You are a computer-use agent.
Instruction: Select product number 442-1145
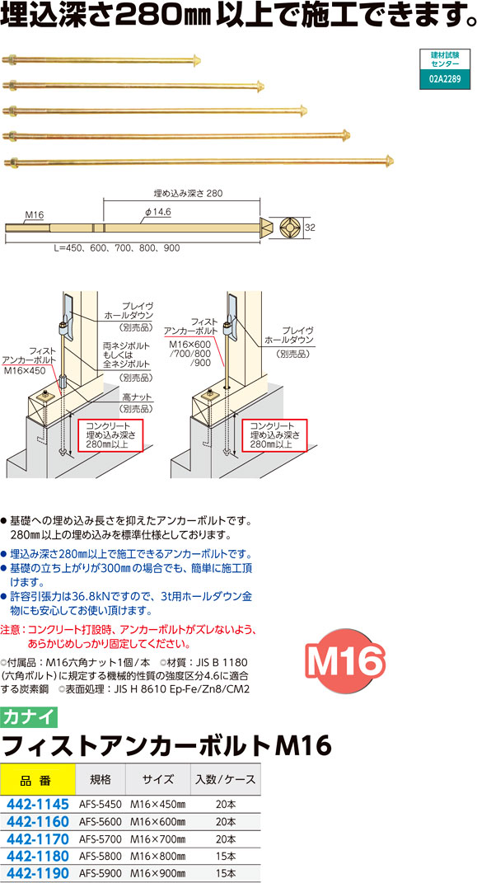(36, 805)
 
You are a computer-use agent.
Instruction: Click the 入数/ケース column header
(226, 780)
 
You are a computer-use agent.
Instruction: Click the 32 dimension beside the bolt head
(310, 228)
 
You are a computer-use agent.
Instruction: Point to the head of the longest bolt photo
(389, 161)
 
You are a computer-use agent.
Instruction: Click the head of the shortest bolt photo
(197, 59)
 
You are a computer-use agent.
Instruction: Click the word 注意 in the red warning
(10, 628)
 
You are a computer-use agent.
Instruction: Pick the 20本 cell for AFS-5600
(226, 822)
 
